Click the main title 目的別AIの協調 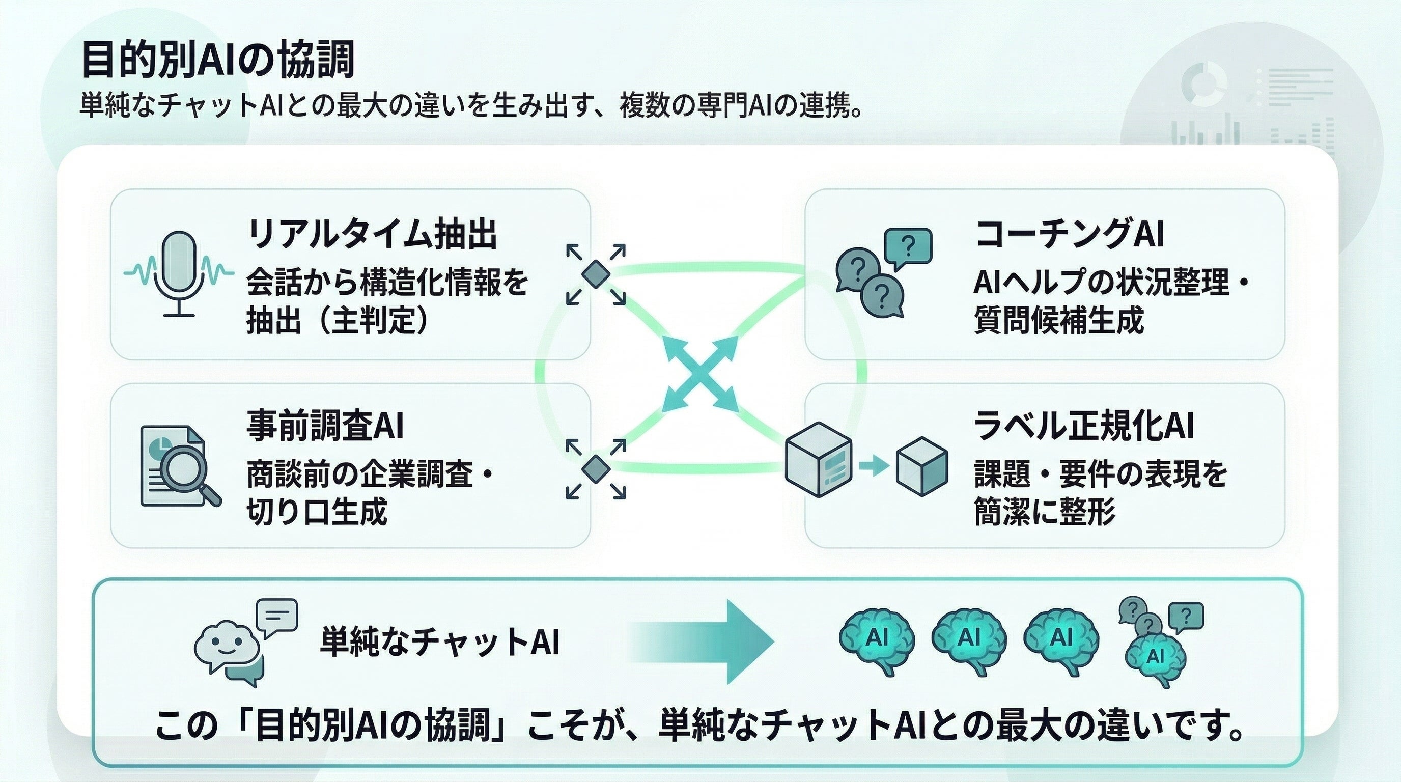pyautogui.click(x=218, y=59)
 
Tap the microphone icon pyautogui.click(x=180, y=272)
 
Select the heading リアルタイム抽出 pyautogui.click(x=372, y=234)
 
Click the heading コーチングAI pyautogui.click(x=1069, y=234)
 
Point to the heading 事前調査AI pyautogui.click(x=325, y=425)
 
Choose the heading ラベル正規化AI pyautogui.click(x=1084, y=425)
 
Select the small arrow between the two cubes pyautogui.click(x=874, y=465)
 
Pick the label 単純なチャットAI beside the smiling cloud pyautogui.click(x=439, y=641)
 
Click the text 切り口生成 pyautogui.click(x=317, y=511)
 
